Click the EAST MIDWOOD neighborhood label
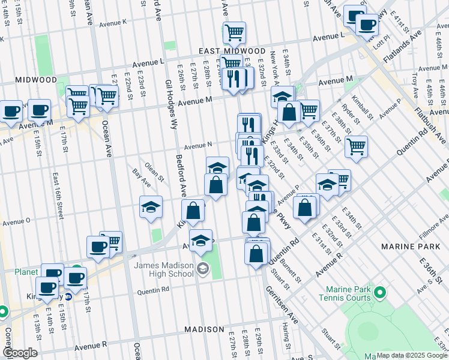click(x=232, y=52)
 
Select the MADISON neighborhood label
click(x=203, y=329)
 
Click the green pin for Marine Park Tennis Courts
click(x=379, y=293)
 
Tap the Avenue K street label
click(x=113, y=23)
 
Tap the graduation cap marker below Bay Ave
click(x=151, y=208)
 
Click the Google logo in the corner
click(x=20, y=353)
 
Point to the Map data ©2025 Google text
click(x=412, y=355)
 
